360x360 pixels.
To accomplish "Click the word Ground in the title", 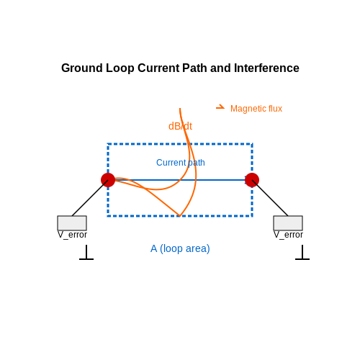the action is [82, 68].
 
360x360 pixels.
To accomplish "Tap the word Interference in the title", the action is [266, 68].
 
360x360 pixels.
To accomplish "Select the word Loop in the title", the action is [120, 68].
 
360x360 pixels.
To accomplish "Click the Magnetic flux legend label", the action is [256, 109].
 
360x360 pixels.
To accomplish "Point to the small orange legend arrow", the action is [220, 107].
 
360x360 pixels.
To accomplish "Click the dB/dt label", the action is [180, 126].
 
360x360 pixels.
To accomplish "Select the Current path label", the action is [181, 163].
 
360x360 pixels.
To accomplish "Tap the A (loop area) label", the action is [180, 249].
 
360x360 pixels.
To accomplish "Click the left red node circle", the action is [108, 180].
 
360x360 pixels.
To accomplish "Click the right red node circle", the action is [252, 180].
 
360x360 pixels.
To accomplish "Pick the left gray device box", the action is [72, 223].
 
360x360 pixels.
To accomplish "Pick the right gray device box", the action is [288, 223].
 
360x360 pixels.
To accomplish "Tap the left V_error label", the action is [72, 235].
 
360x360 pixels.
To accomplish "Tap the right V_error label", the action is [288, 235].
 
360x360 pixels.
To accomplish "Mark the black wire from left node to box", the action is [90, 198].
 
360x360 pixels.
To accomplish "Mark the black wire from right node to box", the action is [270, 198].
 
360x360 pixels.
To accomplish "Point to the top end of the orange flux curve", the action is [180, 109].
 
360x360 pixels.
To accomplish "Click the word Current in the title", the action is [158, 68].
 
